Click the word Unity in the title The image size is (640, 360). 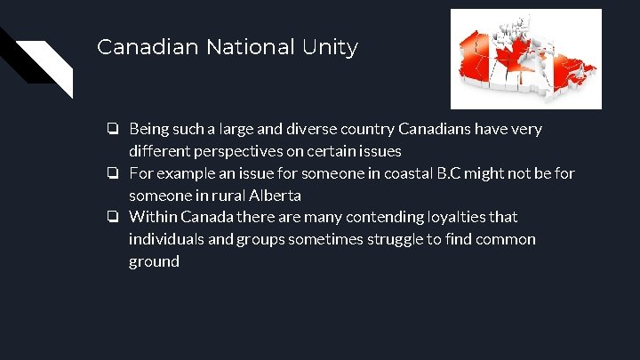330,47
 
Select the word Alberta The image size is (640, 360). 273,196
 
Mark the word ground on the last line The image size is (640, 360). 154,262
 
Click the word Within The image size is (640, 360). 153,217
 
